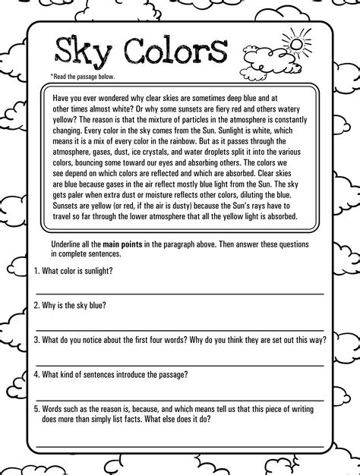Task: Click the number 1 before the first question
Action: point(36,271)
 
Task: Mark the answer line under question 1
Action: point(180,292)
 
